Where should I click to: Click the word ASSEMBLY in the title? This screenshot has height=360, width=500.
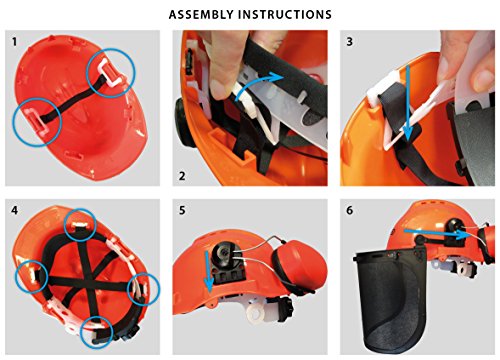point(201,14)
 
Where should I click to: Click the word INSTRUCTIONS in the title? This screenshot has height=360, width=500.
point(285,14)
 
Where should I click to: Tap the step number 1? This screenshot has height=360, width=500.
point(14,42)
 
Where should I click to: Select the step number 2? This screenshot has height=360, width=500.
point(182,176)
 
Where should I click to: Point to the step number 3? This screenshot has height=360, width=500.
point(349,42)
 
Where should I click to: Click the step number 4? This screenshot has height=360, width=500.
point(14,211)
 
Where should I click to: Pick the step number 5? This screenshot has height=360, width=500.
point(182,211)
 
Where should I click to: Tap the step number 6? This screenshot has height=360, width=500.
point(349,211)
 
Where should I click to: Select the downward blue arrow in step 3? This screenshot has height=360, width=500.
point(407,102)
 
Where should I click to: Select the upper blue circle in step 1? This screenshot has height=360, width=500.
point(111,73)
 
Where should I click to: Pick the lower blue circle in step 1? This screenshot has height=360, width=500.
point(37,122)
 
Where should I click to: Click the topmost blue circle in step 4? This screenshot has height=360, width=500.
point(80,225)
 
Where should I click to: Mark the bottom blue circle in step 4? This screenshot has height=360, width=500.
point(97,332)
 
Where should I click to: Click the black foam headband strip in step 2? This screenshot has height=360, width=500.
point(287,67)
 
